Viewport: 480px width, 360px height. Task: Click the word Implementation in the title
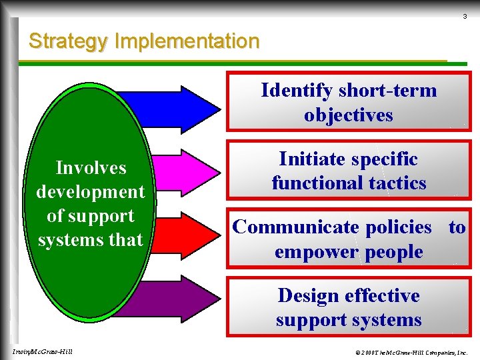187,41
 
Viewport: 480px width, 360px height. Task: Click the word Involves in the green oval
91,167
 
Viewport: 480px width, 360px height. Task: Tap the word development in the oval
91,192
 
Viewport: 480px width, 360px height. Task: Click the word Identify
297,90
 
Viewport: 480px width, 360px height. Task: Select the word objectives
349,115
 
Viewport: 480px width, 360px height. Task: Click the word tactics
400,183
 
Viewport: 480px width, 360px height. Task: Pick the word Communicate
296,227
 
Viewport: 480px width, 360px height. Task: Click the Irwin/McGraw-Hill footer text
43,351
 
